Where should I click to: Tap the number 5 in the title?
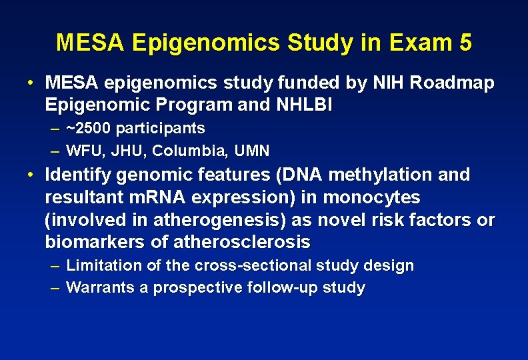tap(465, 43)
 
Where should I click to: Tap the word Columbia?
tap(180, 151)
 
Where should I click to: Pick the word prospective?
tap(198, 288)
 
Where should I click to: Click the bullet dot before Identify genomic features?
tap(31, 175)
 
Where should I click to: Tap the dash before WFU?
tap(55, 151)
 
